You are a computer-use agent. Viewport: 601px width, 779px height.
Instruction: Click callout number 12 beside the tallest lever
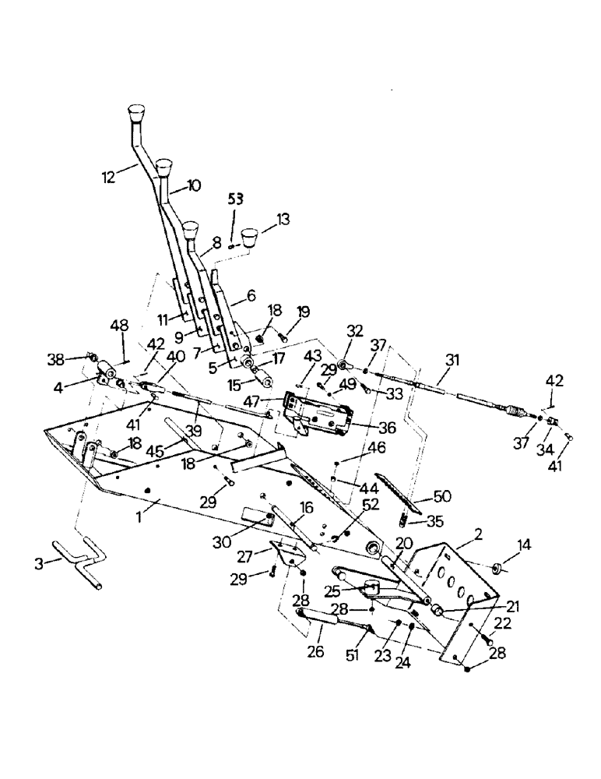108,177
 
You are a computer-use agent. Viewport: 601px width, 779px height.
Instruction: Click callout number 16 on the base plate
306,507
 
